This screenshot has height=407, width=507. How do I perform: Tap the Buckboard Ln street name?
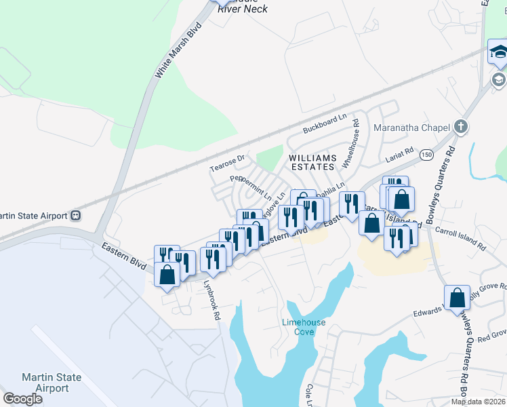pyautogui.click(x=329, y=123)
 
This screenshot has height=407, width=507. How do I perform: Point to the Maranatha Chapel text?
pyautogui.click(x=411, y=128)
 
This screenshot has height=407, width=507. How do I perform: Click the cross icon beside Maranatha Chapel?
pyautogui.click(x=461, y=127)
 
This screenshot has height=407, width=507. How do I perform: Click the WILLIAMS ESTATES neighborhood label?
pyautogui.click(x=312, y=161)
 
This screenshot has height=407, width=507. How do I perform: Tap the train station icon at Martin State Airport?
pyautogui.click(x=75, y=216)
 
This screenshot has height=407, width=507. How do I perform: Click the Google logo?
pyautogui.click(x=22, y=399)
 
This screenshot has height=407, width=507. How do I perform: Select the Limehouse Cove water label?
pyautogui.click(x=304, y=327)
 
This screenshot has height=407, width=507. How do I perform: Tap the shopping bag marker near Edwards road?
pyautogui.click(x=458, y=297)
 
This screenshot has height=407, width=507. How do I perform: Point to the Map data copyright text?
pyautogui.click(x=478, y=402)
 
